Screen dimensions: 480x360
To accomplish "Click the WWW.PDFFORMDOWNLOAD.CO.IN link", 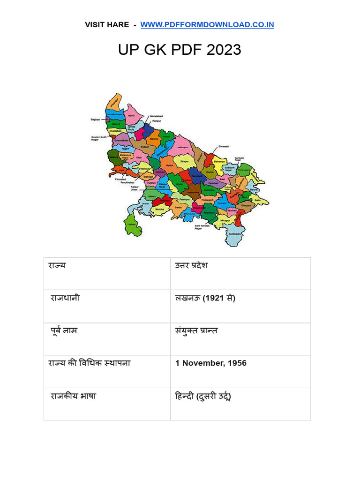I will [207, 25].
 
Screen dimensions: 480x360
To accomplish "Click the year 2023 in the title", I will [223, 50].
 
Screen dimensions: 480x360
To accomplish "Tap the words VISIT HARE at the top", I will [106, 25].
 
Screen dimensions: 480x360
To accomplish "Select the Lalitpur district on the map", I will [131, 224].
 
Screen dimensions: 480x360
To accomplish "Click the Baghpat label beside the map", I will [95, 120].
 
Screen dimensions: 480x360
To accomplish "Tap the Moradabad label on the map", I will [157, 116].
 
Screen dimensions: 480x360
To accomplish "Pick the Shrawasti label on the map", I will [224, 146].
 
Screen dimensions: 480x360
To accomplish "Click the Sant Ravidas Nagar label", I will [204, 228].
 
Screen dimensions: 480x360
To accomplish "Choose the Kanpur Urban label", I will [135, 188].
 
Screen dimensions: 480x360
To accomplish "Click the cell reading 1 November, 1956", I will [211, 363].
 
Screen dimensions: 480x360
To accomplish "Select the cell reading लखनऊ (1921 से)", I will [205, 298].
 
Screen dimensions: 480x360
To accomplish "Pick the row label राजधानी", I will [65, 298].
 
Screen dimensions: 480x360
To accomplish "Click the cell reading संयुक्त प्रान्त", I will [196, 331].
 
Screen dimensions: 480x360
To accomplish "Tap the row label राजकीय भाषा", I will [73, 397].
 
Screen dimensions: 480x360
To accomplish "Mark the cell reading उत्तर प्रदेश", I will [191, 266].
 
